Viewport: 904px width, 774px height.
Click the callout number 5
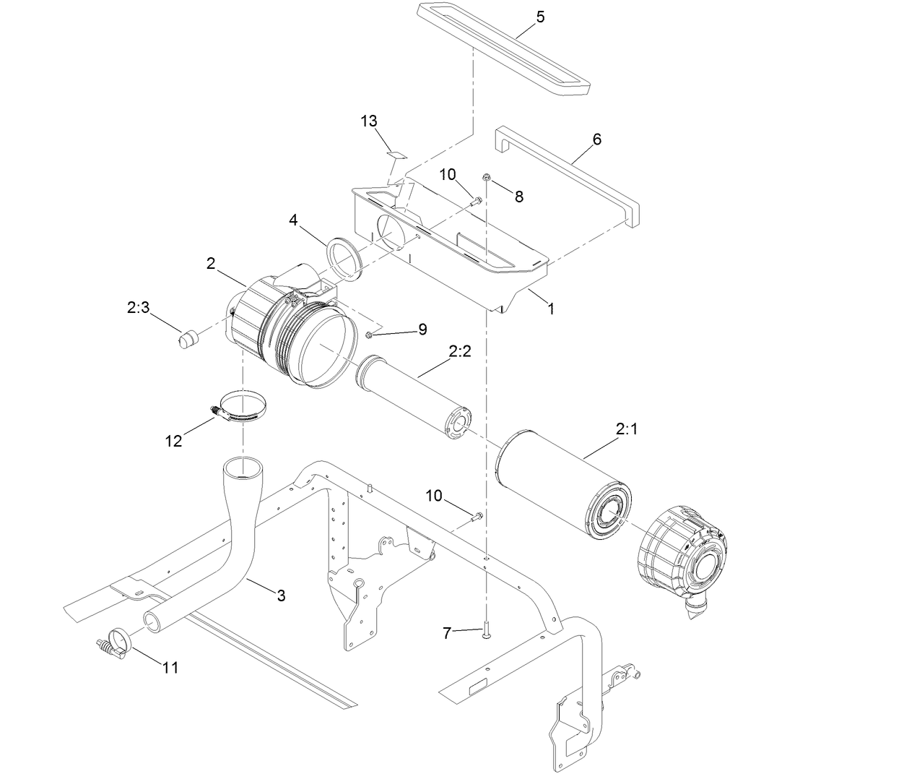coord(541,17)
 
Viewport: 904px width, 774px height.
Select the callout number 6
coord(596,139)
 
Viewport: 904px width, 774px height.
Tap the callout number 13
coord(369,121)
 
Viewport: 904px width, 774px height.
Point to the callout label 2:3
coord(138,308)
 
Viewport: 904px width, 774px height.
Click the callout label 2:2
coord(459,352)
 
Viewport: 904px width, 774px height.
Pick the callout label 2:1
coord(627,429)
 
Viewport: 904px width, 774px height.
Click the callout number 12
coord(173,441)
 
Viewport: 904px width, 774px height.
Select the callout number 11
coord(170,667)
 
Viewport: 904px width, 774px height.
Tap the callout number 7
coord(447,634)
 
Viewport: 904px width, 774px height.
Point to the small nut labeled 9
coord(370,333)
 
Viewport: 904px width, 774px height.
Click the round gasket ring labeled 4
coord(345,258)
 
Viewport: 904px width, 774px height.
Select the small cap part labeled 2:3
coord(188,337)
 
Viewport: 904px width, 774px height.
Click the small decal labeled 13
coord(396,153)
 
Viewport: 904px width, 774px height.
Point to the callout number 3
coord(282,595)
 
